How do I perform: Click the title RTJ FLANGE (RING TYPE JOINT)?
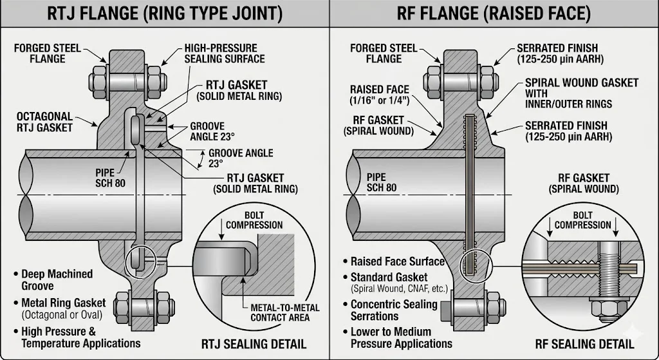click(165, 14)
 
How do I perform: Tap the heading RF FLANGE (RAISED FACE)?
click(494, 14)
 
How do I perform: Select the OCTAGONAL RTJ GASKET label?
click(44, 122)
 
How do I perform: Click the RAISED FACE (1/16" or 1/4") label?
click(379, 95)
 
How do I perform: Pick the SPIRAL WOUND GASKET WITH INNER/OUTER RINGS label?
click(581, 93)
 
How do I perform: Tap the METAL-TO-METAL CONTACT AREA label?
click(279, 312)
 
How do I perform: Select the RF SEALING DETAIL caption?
click(584, 343)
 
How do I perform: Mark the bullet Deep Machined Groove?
click(56, 279)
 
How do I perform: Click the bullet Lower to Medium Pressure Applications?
click(400, 337)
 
